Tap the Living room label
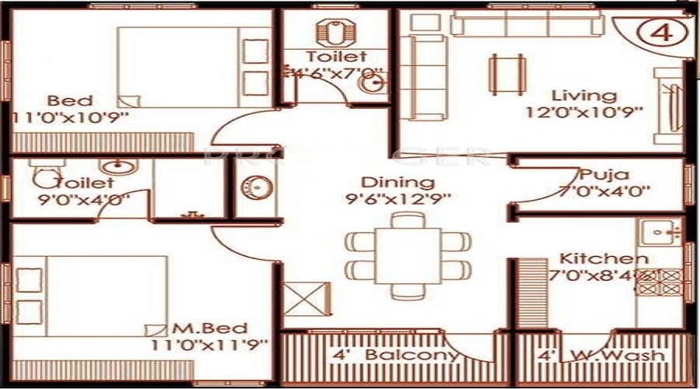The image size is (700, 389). [583, 96]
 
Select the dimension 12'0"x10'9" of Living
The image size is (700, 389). [583, 111]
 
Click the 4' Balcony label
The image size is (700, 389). [395, 356]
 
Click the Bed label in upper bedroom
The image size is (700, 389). [69, 100]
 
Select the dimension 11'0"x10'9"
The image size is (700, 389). [69, 117]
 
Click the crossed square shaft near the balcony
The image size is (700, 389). [299, 300]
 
